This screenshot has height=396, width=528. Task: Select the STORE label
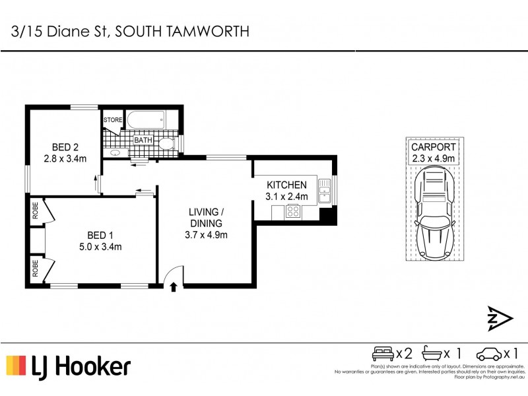[113, 120]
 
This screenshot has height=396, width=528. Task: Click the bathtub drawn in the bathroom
[147, 121]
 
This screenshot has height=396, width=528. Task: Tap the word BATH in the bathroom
[143, 140]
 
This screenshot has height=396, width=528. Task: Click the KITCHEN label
[286, 185]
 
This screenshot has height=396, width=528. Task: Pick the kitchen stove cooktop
[293, 212]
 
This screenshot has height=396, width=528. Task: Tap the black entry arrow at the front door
[173, 286]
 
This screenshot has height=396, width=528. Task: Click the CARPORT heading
[434, 147]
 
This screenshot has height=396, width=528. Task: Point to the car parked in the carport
[434, 213]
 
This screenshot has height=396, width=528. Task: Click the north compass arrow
[500, 319]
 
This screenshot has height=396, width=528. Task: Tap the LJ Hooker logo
[69, 366]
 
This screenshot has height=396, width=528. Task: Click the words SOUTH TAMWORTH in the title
[182, 31]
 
